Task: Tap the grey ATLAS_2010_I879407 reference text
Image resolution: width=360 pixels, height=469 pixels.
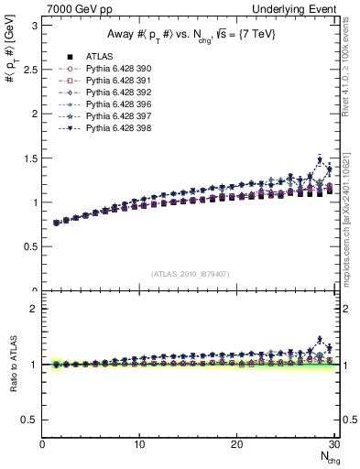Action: [190, 274]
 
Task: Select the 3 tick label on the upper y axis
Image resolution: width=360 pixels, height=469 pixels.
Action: [33, 26]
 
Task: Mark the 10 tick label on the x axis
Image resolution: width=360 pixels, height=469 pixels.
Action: [139, 444]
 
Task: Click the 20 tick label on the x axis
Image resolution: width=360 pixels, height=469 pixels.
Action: [236, 444]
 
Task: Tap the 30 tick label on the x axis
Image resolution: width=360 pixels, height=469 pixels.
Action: [333, 444]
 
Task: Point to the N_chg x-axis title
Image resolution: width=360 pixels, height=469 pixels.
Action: [325, 457]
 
